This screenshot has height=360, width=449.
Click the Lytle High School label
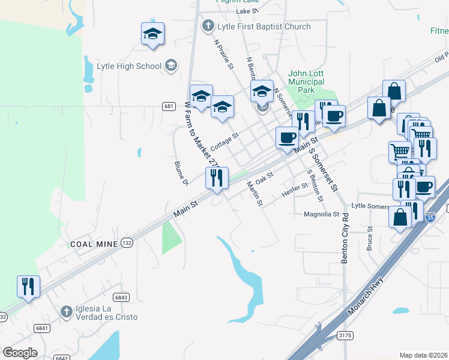point(128,66)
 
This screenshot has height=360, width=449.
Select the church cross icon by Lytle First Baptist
point(208,26)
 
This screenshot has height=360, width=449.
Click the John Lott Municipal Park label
point(306,82)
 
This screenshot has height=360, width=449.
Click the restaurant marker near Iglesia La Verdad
point(28,287)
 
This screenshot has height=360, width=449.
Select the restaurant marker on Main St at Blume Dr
point(217,178)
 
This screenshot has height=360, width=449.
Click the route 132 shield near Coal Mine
point(126,242)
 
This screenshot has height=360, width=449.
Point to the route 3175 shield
point(344,335)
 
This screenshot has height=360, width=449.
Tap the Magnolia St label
point(322,214)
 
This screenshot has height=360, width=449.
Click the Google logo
point(20,353)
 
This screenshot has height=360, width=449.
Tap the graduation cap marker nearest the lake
point(152,34)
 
